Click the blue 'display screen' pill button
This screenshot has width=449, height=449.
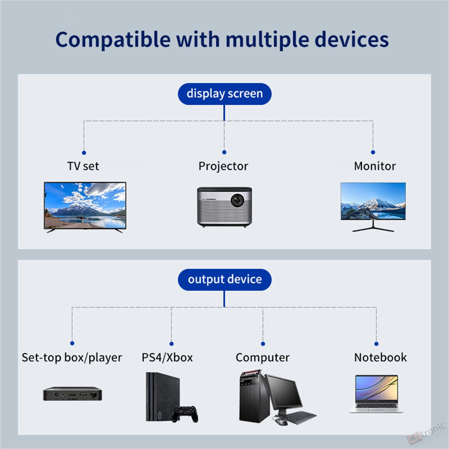(224, 94)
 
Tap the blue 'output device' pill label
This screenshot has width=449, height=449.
(224, 279)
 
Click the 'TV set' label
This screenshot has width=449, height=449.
(83, 166)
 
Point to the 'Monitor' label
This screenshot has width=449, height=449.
(375, 166)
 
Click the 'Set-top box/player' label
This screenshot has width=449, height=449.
(72, 357)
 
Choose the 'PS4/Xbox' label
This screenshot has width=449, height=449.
(167, 357)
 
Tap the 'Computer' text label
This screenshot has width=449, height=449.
(263, 358)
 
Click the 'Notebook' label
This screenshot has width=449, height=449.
(381, 357)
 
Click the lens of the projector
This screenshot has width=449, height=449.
(238, 200)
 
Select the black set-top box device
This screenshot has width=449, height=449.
(72, 394)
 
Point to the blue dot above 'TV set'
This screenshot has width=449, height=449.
(84, 153)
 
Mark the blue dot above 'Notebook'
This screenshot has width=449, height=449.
(376, 343)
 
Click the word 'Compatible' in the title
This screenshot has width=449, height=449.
(113, 40)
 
